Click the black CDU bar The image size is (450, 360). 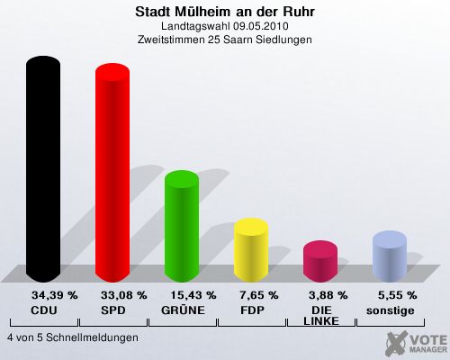click(43, 169)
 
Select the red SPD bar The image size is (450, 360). click(112, 173)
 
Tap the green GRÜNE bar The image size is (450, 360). click(182, 226)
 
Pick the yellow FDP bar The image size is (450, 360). click(251, 250)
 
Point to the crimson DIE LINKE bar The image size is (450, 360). click(320, 261)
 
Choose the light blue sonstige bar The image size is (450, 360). click(390, 256)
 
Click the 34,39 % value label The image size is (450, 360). click(55, 295)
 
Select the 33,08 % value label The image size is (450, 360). click(123, 295)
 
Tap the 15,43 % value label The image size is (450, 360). click(193, 295)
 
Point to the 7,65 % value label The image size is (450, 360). click(259, 295)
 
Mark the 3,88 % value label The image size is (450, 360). click(328, 295)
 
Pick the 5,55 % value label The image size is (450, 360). click(398, 295)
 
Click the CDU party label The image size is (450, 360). click(44, 310)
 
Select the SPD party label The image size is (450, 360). click(113, 310)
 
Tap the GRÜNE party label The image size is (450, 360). click(183, 310)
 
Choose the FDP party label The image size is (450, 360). click(252, 310)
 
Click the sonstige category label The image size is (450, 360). click(391, 310)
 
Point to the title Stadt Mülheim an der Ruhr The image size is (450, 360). click(225, 12)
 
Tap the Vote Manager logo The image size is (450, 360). click(416, 344)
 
